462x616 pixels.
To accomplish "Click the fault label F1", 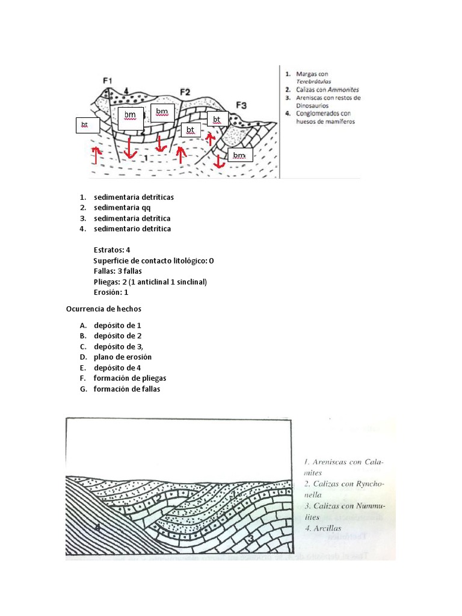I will pos(108,80).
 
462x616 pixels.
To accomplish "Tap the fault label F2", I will pos(185,92).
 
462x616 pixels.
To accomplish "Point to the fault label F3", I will pos(241,105).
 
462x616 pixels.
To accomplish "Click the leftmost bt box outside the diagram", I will pos(85,125).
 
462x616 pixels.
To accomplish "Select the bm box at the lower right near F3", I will pos(239,156).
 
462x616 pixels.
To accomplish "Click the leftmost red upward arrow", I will pos(94,154).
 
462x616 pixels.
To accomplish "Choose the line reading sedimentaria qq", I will pos(122,208).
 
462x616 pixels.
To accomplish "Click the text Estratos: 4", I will pos(112,250).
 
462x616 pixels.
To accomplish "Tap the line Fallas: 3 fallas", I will pos(118,271).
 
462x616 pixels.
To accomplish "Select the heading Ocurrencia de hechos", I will pos(103,309).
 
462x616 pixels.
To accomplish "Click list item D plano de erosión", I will pos(122,357).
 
